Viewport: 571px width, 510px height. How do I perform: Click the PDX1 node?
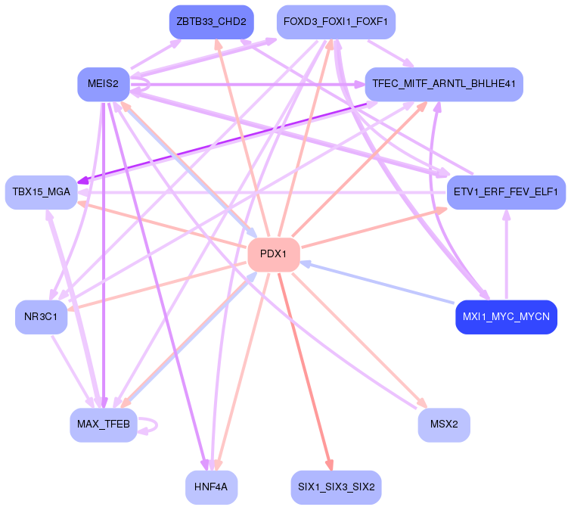[274, 254]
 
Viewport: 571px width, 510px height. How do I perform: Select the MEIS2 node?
[103, 83]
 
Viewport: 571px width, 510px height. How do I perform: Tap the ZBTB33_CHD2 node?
[211, 22]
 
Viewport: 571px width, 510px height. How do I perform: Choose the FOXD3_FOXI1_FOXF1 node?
[335, 22]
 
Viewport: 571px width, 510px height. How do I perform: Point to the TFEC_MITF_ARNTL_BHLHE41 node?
[444, 83]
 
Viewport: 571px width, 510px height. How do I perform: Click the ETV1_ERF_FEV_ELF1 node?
[506, 192]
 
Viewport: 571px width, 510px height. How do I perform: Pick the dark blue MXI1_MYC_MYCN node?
[506, 316]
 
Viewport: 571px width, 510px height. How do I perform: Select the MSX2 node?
[444, 424]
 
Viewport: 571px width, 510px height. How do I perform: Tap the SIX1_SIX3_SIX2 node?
[335, 487]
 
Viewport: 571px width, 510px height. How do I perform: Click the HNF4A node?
[211, 487]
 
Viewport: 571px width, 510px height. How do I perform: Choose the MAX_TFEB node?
[103, 424]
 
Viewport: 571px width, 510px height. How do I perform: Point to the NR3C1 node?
[41, 316]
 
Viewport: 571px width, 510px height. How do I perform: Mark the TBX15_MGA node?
[41, 192]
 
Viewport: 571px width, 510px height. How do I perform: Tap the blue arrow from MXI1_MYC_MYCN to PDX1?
[378, 281]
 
